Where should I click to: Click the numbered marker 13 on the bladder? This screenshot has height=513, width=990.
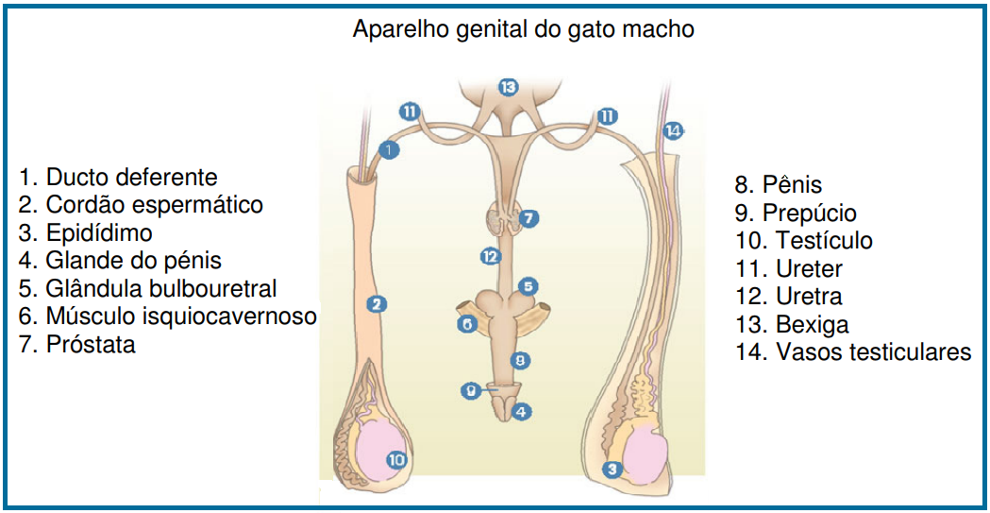tap(510, 88)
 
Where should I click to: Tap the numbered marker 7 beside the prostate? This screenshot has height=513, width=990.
tap(530, 218)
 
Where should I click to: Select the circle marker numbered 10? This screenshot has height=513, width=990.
tap(397, 460)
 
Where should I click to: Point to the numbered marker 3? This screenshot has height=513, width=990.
tap(612, 469)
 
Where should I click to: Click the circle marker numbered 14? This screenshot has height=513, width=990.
tap(672, 131)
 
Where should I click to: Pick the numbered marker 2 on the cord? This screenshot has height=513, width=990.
tap(377, 304)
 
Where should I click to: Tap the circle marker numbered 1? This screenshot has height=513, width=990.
tap(389, 149)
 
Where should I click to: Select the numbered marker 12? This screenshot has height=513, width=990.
tap(489, 256)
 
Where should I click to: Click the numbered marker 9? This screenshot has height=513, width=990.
tap(470, 390)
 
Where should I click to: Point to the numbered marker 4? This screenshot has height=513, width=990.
tap(521, 412)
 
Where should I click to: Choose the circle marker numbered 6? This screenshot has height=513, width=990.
tap(466, 324)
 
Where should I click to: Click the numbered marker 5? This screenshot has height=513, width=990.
tap(529, 285)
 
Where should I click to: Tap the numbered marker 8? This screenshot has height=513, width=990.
tap(519, 360)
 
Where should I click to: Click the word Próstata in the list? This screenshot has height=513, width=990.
tap(90, 345)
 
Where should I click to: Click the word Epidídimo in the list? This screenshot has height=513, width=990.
tap(98, 232)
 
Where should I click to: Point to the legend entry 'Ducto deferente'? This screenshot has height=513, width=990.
tap(131, 177)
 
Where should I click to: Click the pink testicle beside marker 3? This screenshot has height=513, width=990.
tap(644, 452)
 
